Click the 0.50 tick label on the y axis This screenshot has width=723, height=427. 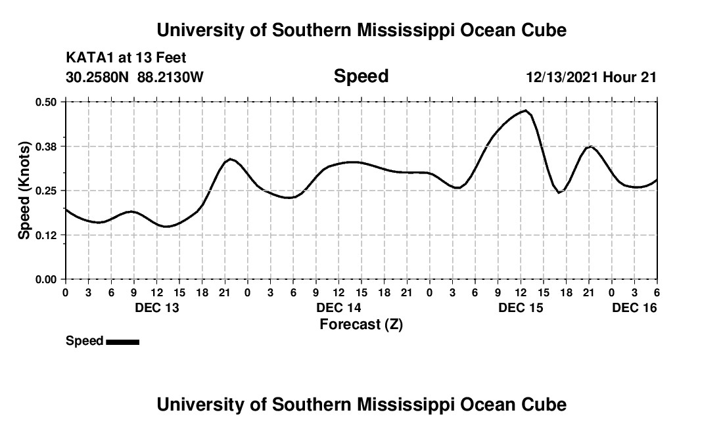[x=47, y=102]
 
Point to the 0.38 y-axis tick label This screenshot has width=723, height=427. [x=47, y=146]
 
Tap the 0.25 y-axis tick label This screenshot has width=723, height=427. [x=47, y=191]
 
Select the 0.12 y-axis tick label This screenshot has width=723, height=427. [x=47, y=235]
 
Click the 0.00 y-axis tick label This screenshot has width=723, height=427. [x=47, y=279]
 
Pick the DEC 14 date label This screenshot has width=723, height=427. [x=338, y=307]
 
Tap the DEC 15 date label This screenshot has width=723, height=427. [x=521, y=307]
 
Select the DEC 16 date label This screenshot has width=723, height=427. [x=634, y=307]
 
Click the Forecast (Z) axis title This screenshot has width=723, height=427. [x=361, y=324]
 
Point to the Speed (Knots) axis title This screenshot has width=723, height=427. [x=24, y=190]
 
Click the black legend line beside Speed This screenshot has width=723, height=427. [x=122, y=342]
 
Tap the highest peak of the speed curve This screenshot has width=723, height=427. [x=526, y=111]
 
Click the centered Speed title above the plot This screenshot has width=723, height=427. [x=361, y=76]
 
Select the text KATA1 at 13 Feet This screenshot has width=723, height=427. [x=126, y=58]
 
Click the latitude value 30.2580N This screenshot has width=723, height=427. [x=98, y=78]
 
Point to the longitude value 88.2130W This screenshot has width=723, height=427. [x=170, y=78]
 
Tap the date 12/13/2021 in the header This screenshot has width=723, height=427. [x=562, y=78]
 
